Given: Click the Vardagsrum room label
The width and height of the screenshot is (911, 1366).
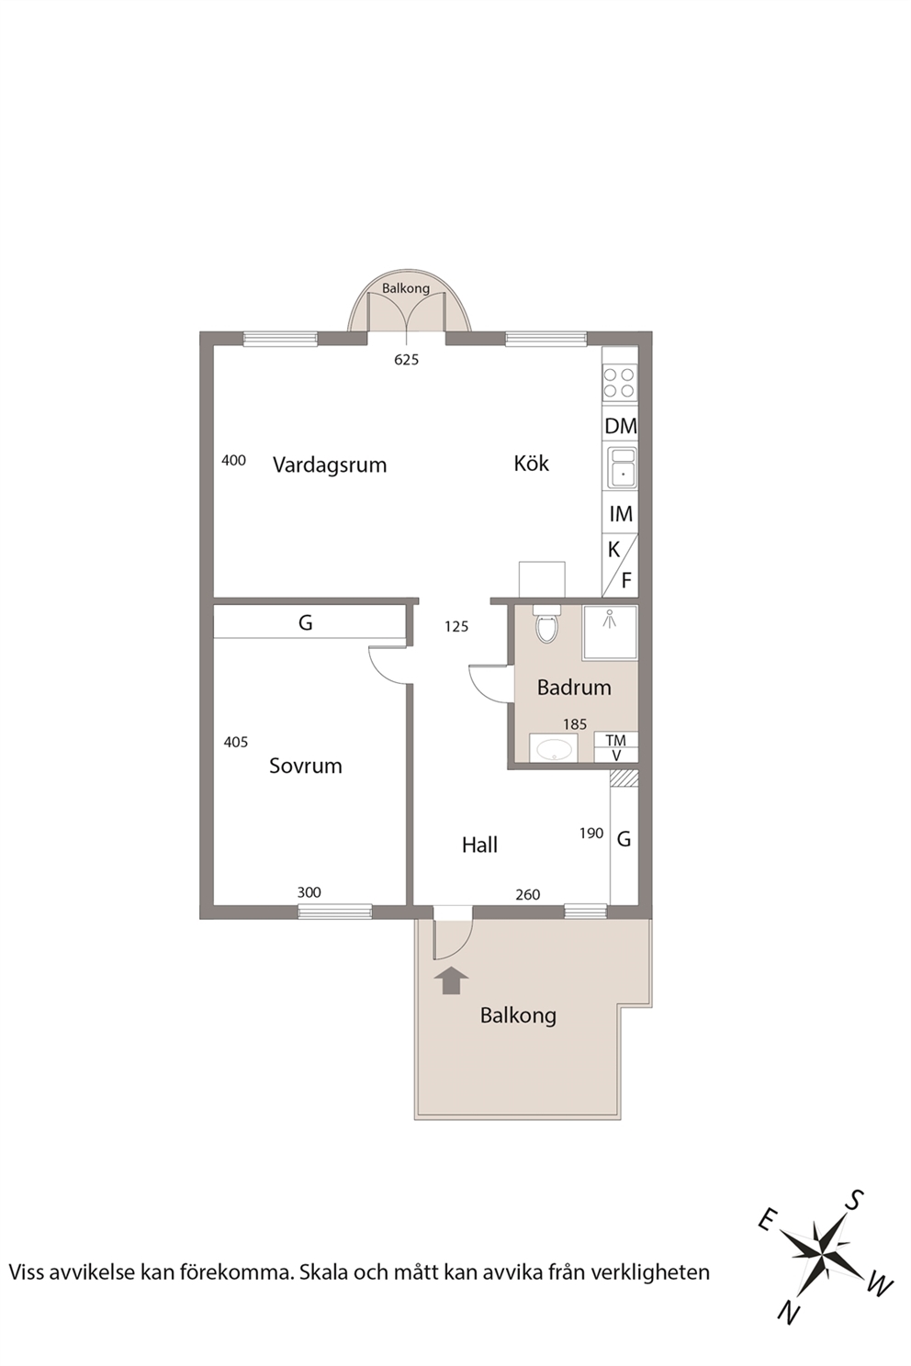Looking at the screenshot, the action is pos(330,465).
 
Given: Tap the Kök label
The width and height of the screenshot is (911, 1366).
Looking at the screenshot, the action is pos(531,464).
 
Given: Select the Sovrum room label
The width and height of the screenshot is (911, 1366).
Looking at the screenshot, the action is pos(306,766).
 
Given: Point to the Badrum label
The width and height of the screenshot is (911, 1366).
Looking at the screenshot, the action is pos(574,688).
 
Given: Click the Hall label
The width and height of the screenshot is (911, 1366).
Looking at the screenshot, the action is pos(479,845).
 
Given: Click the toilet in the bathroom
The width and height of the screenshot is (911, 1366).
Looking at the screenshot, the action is pos(546,624).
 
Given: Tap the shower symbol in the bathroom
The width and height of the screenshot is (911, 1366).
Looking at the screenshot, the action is pos(609,619).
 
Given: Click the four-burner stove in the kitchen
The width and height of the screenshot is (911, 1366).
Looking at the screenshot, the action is pos(619,383).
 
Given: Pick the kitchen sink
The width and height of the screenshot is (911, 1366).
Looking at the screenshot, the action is pos(622,466).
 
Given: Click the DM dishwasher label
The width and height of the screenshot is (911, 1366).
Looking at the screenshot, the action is pos(621,426).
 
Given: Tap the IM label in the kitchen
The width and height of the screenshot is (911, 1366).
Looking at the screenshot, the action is pos(621,514).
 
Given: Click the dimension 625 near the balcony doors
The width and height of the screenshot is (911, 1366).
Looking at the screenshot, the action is pos(407,360).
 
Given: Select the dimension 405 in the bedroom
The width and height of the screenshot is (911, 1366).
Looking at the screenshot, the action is pos(236,742).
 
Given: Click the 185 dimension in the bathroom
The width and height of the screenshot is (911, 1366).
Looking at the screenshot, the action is pos(575,724).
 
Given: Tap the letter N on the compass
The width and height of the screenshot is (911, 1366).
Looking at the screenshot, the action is pos(789,1311).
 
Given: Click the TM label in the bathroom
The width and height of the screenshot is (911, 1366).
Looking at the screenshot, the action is pos(615,740).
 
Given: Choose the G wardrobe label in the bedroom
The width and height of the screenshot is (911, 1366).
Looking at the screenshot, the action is pos(306,622).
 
